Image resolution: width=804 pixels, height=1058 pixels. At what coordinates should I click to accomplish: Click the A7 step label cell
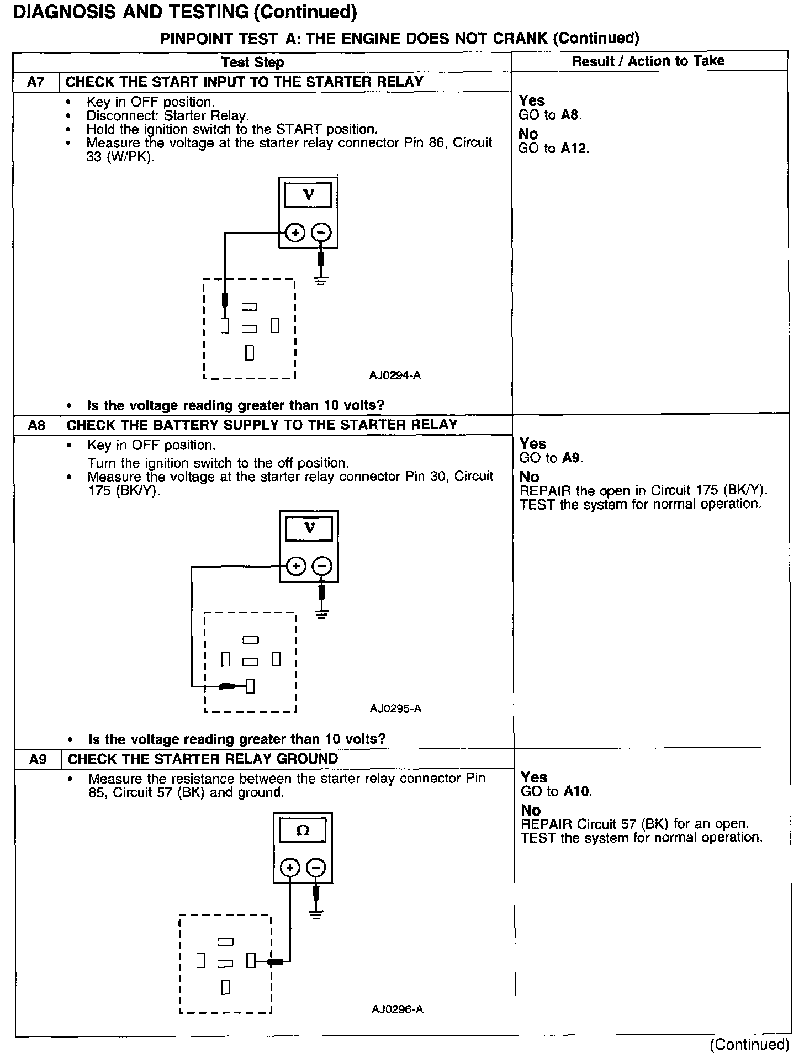[36, 82]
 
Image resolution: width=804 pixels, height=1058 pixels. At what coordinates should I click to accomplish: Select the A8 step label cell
[36, 425]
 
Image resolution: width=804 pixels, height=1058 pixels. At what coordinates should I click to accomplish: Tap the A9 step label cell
[38, 759]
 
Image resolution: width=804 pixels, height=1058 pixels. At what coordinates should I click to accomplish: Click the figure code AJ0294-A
[395, 375]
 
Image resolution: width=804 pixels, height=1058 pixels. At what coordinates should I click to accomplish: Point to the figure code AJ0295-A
[395, 708]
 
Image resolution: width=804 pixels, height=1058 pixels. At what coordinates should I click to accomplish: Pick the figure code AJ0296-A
[397, 1009]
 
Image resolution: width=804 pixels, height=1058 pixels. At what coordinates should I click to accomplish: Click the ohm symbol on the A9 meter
[303, 831]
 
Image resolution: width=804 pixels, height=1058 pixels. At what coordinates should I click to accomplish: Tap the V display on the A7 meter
[309, 195]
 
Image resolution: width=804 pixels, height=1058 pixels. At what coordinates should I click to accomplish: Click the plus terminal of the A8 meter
[297, 567]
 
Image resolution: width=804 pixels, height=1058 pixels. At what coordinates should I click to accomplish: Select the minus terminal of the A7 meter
[321, 233]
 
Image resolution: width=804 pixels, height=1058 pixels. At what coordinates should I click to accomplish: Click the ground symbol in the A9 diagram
[316, 914]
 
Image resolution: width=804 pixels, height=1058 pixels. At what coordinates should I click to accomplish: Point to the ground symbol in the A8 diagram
[322, 614]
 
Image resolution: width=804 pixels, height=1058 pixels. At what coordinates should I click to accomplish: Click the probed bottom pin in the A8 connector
[250, 686]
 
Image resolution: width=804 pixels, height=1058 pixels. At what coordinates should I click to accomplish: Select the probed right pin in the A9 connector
[251, 961]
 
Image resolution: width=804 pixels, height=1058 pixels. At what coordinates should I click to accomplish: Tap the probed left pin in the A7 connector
[225, 326]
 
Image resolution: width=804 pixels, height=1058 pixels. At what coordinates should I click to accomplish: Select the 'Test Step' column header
[252, 62]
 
